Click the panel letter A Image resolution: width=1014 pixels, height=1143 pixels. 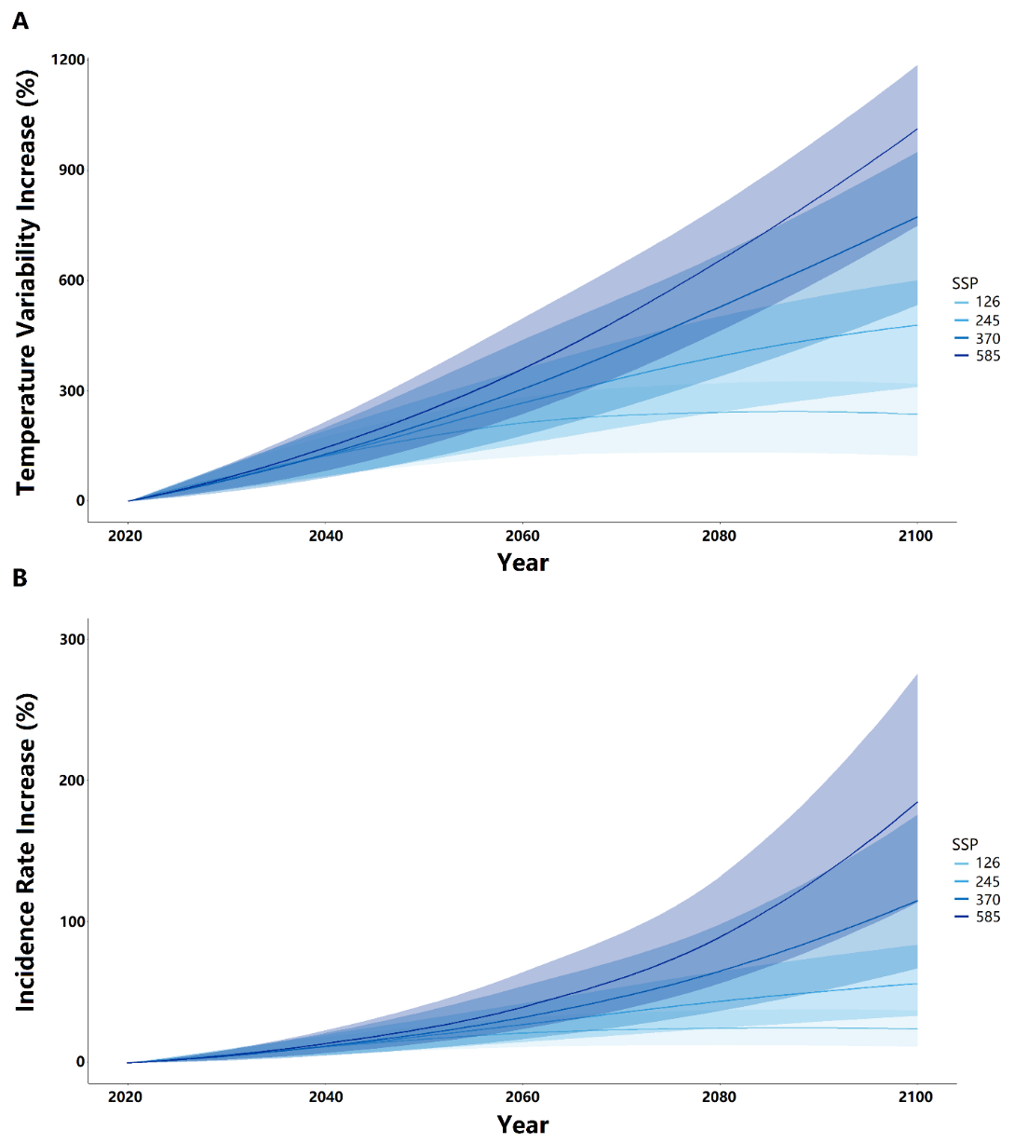click(20, 20)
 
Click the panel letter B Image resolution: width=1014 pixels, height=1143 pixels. click(20, 578)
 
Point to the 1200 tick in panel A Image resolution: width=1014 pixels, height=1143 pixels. click(68, 60)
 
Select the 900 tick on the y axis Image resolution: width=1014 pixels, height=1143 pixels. click(72, 170)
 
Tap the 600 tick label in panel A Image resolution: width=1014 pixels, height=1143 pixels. click(72, 280)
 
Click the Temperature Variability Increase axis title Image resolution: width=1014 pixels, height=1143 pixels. click(26, 282)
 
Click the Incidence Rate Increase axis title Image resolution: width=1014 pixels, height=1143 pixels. click(26, 852)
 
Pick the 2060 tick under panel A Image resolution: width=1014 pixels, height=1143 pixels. click(522, 537)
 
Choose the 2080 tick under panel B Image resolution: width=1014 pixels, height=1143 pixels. click(719, 1097)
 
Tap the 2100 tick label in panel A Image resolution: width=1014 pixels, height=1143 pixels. click(915, 537)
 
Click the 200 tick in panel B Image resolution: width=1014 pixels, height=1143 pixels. click(72, 781)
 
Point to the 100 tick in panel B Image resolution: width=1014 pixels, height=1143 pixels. click(72, 921)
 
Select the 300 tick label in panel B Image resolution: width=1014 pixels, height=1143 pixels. click(72, 640)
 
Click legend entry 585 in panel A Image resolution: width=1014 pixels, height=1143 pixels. click(987, 356)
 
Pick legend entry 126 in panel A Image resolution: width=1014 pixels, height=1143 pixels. click(987, 302)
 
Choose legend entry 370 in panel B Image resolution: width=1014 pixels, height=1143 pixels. click(987, 900)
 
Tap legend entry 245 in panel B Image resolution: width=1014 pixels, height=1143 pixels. click(987, 881)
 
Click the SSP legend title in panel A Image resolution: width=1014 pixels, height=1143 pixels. click(965, 283)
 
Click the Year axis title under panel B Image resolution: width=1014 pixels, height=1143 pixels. click(522, 1124)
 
